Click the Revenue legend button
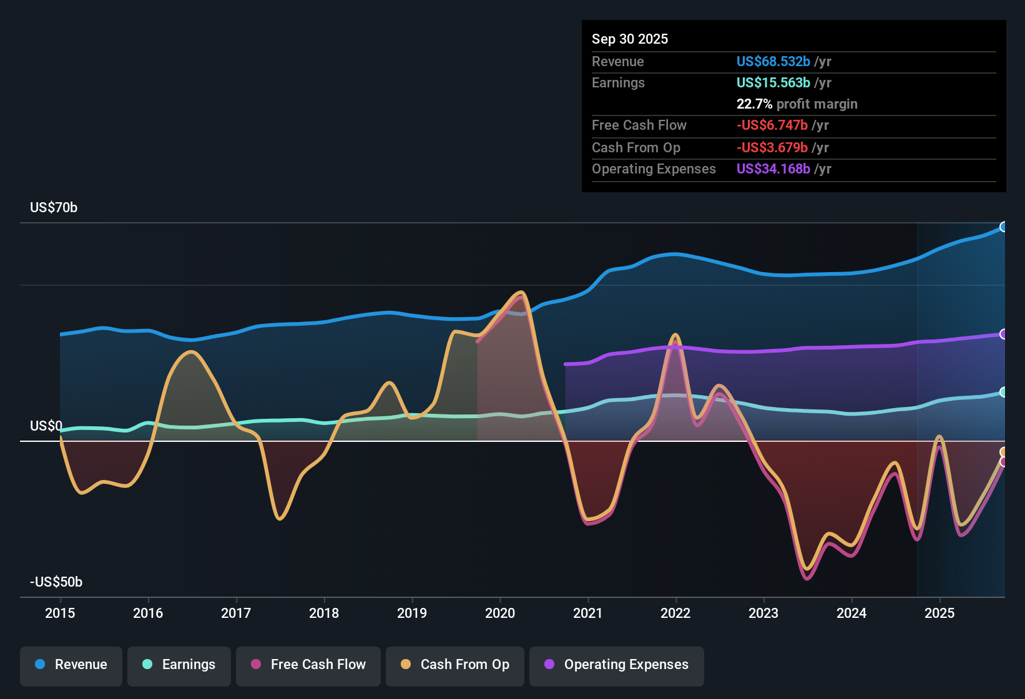71,665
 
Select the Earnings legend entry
179,665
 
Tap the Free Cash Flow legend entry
308,665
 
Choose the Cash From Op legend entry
455,665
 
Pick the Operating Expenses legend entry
617,665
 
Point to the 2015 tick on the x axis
60,613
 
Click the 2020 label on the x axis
500,613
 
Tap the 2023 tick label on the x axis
763,613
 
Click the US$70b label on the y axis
54,208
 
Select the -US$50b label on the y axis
56,582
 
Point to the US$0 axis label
46,426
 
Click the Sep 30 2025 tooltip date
630,39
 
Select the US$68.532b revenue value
773,62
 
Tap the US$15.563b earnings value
773,83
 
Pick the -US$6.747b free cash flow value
772,125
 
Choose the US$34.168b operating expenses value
773,169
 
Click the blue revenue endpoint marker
1003,227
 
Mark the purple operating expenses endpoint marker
1003,334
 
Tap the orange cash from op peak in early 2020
521,292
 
